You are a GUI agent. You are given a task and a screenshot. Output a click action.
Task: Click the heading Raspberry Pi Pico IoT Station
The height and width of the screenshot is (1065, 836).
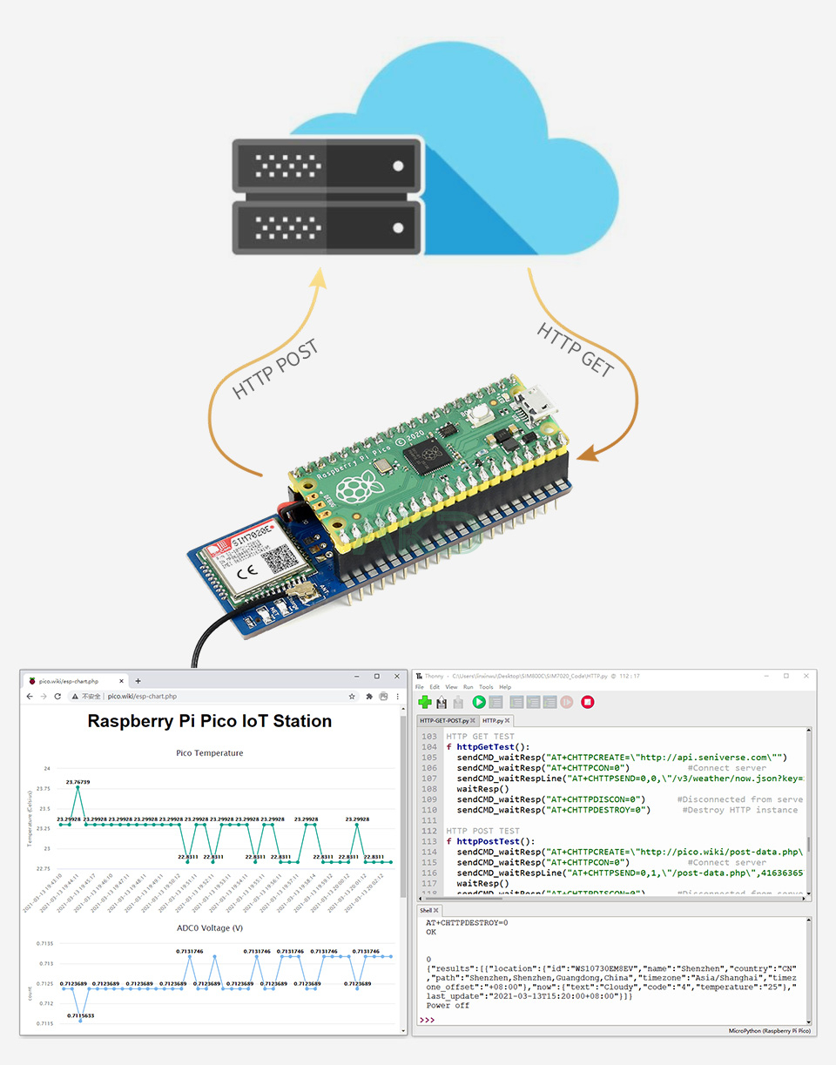pyautogui.click(x=210, y=721)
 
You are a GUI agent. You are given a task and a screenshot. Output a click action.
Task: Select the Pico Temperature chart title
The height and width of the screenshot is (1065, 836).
pyautogui.click(x=209, y=753)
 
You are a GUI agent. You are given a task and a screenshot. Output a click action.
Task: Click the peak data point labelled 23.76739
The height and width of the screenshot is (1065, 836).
pyautogui.click(x=78, y=788)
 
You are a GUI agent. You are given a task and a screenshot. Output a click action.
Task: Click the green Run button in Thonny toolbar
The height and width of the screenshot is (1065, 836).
pyautogui.click(x=479, y=702)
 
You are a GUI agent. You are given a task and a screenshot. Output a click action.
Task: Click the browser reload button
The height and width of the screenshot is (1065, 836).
pyautogui.click(x=57, y=697)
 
